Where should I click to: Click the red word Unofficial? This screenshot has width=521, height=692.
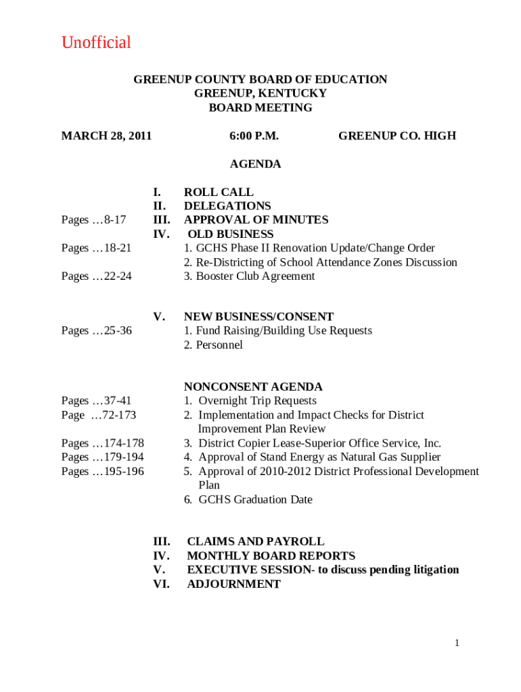point(96,43)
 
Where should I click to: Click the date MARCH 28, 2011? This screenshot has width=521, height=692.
point(106,136)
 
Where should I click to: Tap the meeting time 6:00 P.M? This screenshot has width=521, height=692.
point(254,136)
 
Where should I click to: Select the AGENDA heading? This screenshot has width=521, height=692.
point(255,164)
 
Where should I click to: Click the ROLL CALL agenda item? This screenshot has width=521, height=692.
point(219,192)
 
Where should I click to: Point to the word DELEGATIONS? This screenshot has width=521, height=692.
point(227,206)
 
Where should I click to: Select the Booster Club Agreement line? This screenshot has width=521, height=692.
point(249,276)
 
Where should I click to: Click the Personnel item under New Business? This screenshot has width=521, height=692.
point(213,345)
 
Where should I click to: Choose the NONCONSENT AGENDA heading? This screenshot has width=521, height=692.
point(253,387)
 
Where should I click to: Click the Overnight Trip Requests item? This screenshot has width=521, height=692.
point(250,401)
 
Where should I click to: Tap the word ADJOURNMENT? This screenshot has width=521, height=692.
point(233,585)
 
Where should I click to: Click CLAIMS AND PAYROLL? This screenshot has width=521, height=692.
point(255,542)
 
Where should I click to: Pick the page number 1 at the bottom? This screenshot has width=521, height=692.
point(457,643)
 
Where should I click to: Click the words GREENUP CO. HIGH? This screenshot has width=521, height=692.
point(397,136)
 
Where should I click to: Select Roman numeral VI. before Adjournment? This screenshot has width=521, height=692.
point(161,585)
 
